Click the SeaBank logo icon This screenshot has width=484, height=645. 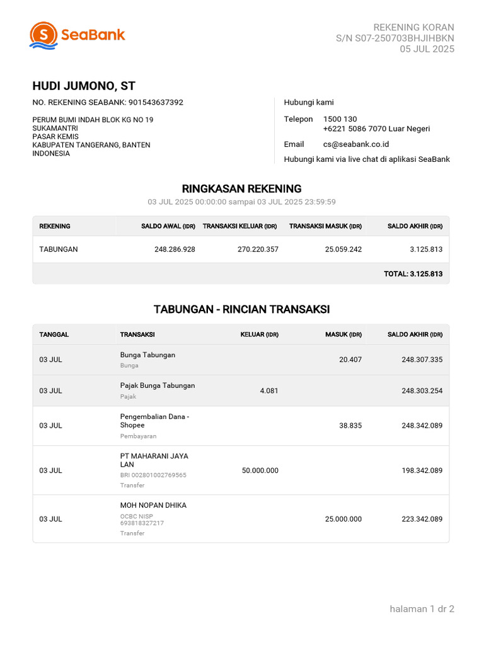click(x=43, y=35)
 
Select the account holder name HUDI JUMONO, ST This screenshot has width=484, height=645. click(x=84, y=86)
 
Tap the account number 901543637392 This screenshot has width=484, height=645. click(x=156, y=102)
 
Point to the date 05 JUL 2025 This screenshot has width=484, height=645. click(x=427, y=49)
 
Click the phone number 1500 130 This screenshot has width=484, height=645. click(x=340, y=119)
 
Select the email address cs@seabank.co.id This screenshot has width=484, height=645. click(x=355, y=144)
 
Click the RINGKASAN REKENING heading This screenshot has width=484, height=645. click(x=241, y=188)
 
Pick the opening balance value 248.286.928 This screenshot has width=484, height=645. click(x=175, y=249)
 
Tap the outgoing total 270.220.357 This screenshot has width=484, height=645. click(x=258, y=249)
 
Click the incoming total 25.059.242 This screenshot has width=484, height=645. click(x=343, y=249)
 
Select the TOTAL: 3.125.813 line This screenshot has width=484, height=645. click(x=413, y=274)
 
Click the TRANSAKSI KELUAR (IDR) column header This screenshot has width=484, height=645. click(x=239, y=226)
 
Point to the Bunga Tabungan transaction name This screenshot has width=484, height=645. click(x=147, y=355)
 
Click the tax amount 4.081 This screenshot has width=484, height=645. click(x=268, y=391)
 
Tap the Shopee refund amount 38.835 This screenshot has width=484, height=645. click(x=350, y=426)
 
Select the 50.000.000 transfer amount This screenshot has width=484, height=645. click(x=260, y=471)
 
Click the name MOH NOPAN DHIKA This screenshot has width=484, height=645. click(x=153, y=505)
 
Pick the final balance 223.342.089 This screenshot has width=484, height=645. click(x=422, y=519)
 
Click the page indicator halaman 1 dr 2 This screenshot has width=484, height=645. click(x=422, y=608)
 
